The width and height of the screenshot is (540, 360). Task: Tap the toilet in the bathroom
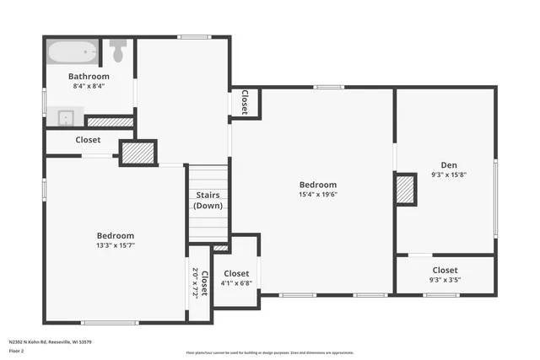(x=117, y=51)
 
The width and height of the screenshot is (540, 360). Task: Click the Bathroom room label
(x=89, y=76)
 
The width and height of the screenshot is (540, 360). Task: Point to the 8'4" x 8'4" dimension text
(x=89, y=86)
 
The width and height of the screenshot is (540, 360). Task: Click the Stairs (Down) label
(x=208, y=200)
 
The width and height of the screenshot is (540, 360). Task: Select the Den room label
(x=448, y=165)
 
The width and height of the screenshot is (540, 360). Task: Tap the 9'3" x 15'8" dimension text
(x=448, y=175)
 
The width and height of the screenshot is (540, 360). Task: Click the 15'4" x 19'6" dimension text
(x=317, y=195)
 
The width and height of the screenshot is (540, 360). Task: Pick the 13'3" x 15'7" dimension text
(x=115, y=245)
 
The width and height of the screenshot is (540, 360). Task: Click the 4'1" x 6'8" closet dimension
(x=236, y=283)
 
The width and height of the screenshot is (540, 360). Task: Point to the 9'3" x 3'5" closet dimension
(x=445, y=280)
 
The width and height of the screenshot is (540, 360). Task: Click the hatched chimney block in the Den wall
(x=406, y=189)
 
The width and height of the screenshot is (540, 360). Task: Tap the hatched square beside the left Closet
(x=138, y=153)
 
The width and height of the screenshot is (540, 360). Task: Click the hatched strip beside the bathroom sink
(x=111, y=121)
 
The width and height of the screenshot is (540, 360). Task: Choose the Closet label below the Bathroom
(x=88, y=140)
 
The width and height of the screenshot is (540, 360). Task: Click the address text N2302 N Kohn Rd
(x=50, y=342)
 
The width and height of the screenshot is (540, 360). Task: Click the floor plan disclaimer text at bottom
(x=269, y=351)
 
